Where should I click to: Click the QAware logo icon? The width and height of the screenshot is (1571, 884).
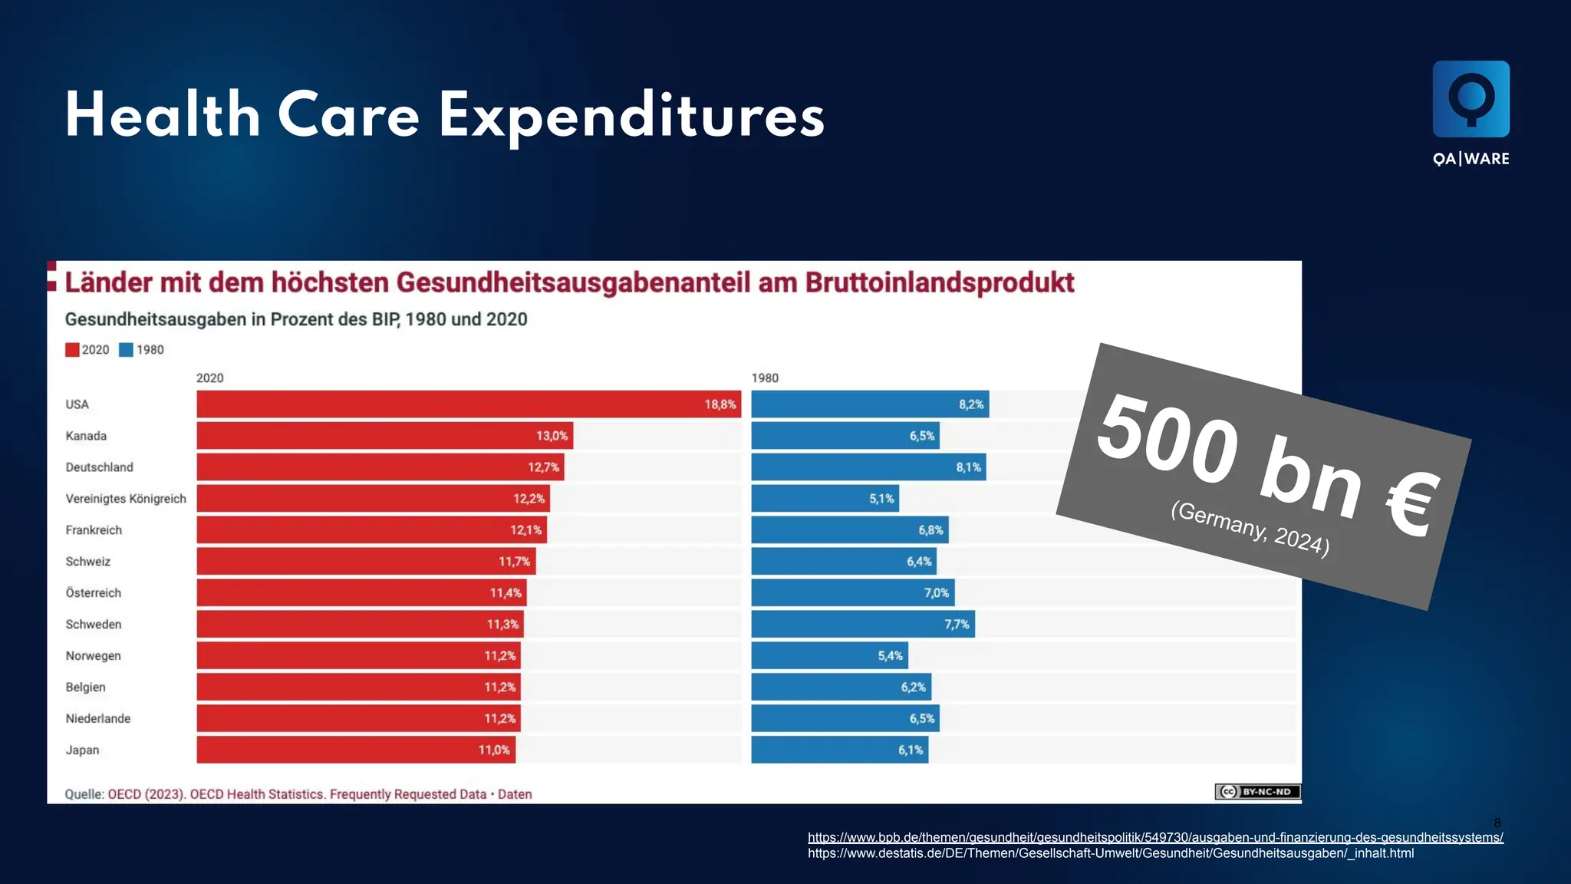coord(1471,99)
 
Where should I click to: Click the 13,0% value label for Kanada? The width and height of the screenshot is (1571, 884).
coord(552,436)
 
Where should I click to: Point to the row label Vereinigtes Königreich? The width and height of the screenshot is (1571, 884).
coord(126,499)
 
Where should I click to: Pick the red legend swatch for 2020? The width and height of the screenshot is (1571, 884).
coord(72,350)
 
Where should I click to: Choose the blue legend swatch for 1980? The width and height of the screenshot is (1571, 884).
coord(127,350)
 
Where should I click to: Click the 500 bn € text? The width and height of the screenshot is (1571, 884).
coord(1266,464)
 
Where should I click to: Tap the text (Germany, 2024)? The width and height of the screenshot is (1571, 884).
coord(1250,528)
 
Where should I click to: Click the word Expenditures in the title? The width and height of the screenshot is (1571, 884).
coord(631,117)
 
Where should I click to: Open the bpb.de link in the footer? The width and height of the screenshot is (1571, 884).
coord(1154,837)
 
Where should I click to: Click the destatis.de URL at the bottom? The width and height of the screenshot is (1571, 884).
coord(1110,853)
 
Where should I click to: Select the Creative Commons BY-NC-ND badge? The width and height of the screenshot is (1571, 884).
coord(1257,791)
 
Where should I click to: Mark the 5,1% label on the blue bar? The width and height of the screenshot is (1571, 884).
coord(881,499)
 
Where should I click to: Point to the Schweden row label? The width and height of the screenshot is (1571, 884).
coord(94,625)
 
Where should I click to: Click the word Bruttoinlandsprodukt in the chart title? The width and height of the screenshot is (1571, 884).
coord(939,282)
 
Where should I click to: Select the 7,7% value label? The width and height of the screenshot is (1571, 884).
coord(957,625)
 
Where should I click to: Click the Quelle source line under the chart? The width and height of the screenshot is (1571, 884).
coord(298,794)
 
